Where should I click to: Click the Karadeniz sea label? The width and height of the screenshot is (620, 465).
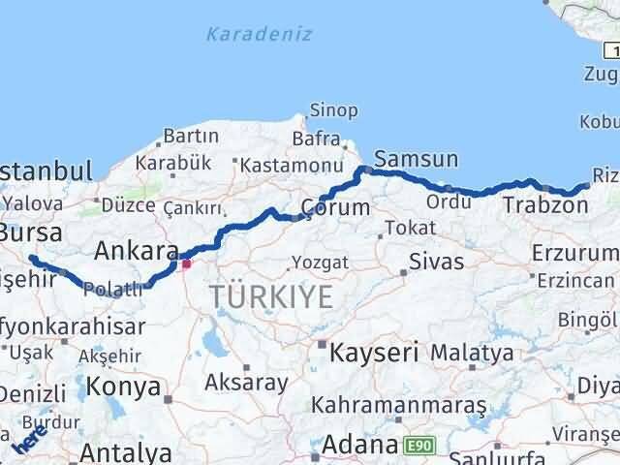pos(259,35)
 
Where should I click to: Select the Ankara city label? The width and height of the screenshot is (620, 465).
pos(135,252)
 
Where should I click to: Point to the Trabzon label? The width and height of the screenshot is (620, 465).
pos(544,205)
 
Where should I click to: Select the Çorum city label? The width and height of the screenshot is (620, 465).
pos(335,207)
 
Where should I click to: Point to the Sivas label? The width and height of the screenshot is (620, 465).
pos(436,262)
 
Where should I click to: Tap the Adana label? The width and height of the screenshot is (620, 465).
pos(359,446)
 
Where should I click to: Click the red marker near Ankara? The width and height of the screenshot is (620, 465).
pos(186,263)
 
